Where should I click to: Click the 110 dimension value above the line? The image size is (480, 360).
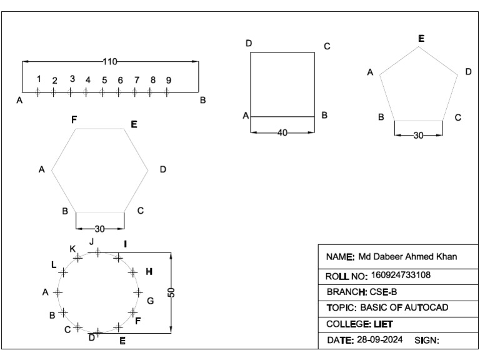pos(110,61)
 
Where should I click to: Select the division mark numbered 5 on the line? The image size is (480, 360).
pos(102,92)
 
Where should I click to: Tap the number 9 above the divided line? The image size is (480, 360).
pos(168,80)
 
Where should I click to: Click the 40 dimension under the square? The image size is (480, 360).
pos(282,132)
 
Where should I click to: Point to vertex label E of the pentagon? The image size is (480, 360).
pos(421,39)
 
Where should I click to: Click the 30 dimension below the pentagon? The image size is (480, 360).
pos(418,135)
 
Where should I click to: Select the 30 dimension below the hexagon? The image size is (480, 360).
pos(99,228)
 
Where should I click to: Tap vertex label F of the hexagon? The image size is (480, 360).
pos(74,119)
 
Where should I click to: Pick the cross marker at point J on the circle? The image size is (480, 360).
pos(97,252)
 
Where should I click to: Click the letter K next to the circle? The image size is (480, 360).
pos(72,249)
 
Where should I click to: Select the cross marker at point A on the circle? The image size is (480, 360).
pos(58,292)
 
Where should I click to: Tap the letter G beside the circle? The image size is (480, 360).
pos(150,301)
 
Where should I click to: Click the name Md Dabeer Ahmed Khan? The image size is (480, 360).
pos(408,257)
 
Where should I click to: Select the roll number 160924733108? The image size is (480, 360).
pos(401,274)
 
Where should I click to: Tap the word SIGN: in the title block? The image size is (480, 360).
pos(427,341)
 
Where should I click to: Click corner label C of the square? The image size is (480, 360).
pos(327,46)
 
